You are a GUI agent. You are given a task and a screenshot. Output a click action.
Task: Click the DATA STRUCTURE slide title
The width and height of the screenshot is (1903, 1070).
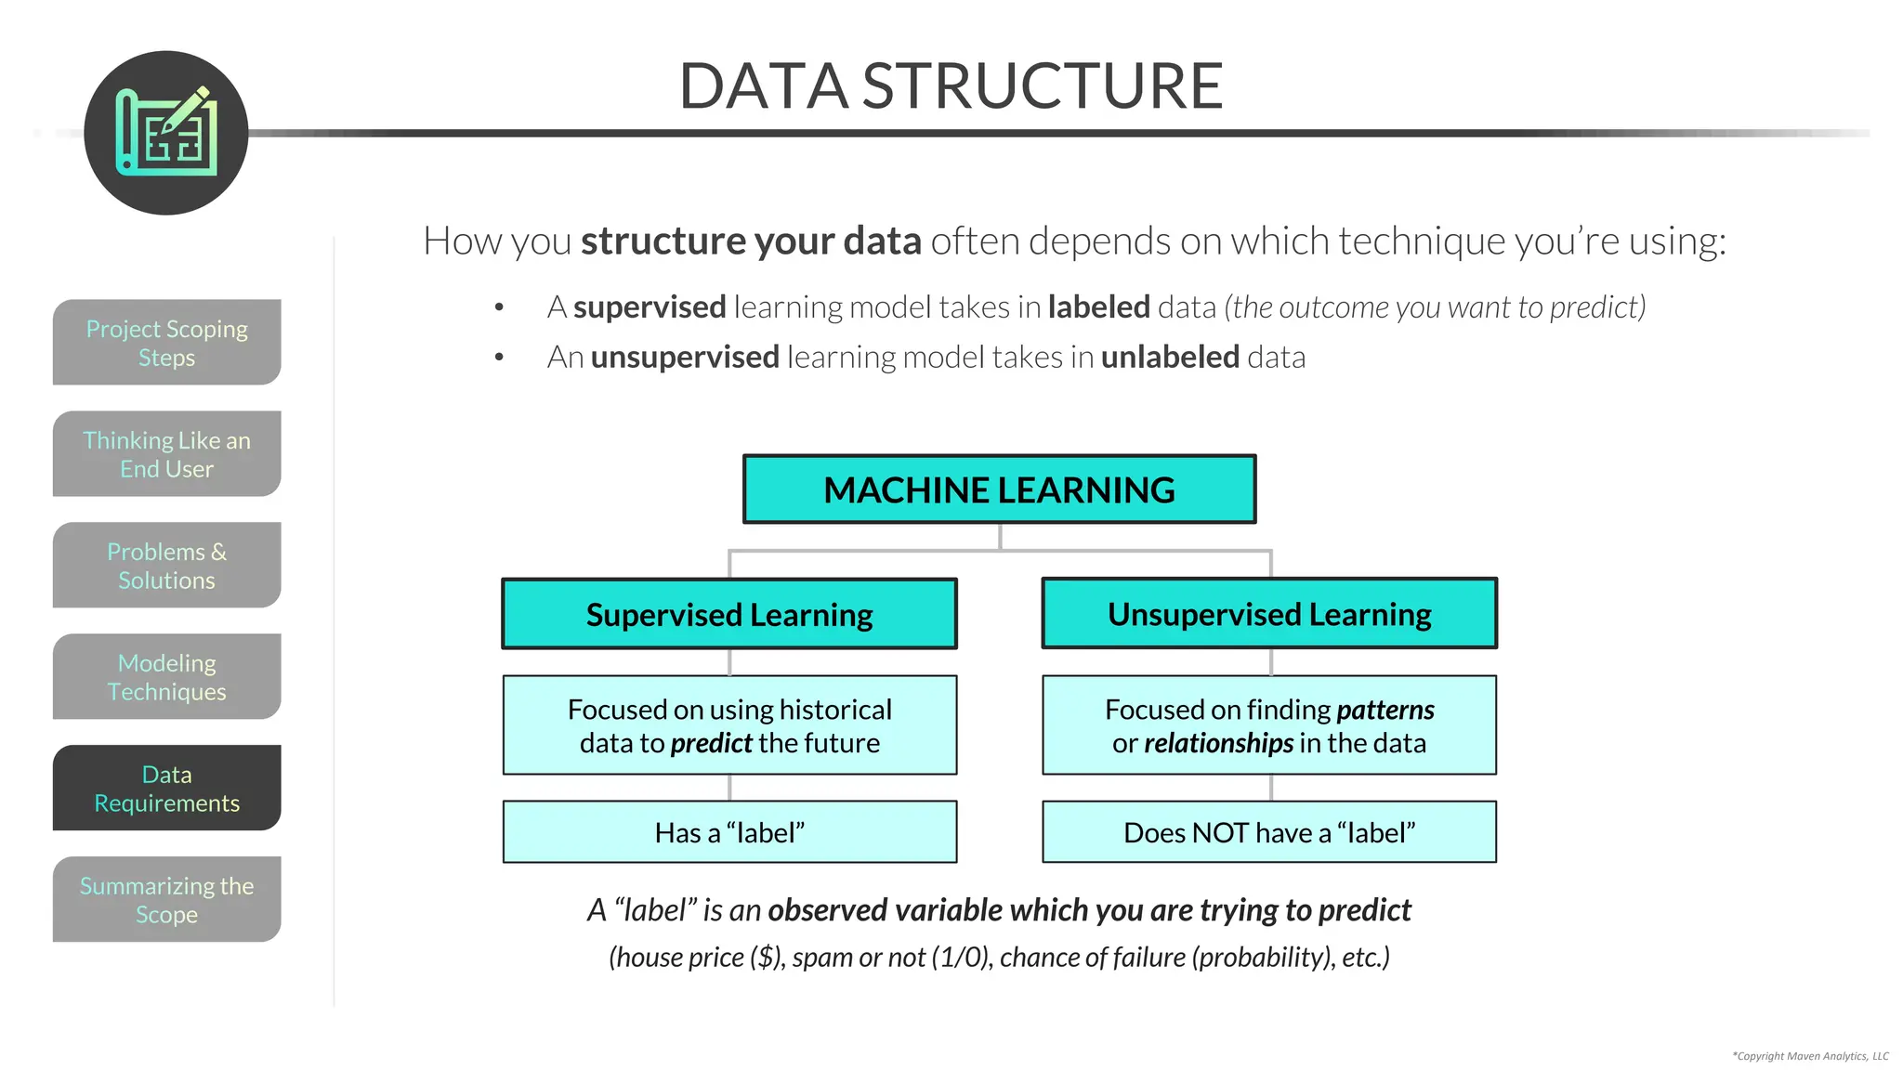coord(951,85)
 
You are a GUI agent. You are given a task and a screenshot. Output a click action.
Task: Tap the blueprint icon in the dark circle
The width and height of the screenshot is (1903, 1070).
coord(166,132)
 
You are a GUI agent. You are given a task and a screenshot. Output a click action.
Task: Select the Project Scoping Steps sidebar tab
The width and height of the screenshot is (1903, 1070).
coord(166,343)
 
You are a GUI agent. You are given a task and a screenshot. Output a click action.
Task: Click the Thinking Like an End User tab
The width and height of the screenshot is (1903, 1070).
coord(166,454)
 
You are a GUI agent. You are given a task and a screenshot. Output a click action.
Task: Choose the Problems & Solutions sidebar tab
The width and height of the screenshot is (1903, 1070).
coord(166,566)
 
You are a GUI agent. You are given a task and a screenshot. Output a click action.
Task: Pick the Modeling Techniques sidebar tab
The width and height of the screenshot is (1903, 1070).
coord(166,677)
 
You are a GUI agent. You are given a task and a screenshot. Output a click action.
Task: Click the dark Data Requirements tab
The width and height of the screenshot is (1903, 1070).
coord(166,789)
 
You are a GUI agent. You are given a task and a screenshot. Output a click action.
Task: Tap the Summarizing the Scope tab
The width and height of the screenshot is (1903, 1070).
coord(166,900)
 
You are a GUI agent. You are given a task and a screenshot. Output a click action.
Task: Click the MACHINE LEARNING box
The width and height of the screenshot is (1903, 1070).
coord(999,489)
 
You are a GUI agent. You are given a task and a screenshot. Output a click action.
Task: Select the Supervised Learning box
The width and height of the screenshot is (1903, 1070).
coord(729,614)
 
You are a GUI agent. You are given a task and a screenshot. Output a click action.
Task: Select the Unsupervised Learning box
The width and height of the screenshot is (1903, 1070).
coord(1269,614)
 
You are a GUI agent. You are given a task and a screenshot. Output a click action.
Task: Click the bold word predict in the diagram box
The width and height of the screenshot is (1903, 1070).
coord(711,743)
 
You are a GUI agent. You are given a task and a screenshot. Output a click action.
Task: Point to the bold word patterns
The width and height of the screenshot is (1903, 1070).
coord(1385,710)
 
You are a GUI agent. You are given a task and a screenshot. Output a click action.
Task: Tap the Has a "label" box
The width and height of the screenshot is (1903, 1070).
coord(729,832)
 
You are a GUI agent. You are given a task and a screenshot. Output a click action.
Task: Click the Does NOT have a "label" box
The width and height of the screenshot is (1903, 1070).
coord(1269,832)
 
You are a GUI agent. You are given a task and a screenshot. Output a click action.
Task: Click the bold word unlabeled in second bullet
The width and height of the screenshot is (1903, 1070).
coord(1169,357)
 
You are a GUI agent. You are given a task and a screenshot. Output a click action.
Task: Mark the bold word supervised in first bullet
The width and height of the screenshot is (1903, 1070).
coord(650,307)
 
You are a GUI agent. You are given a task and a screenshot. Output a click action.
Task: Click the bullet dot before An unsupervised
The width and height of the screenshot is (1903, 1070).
coord(499,357)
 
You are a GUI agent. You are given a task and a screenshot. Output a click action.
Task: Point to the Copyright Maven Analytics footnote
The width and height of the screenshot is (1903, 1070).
coord(1809,1056)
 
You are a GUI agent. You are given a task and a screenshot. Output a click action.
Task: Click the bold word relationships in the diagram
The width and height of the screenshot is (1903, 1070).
coord(1218,743)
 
